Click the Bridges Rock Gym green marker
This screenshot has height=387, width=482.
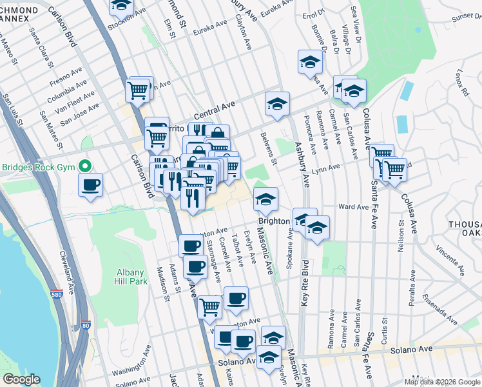click(x=83, y=166)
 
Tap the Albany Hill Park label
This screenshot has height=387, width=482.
click(x=131, y=277)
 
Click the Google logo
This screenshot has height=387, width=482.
click(x=21, y=379)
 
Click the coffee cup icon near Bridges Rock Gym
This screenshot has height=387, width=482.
click(x=90, y=186)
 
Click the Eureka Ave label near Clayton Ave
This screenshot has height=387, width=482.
click(x=213, y=25)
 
